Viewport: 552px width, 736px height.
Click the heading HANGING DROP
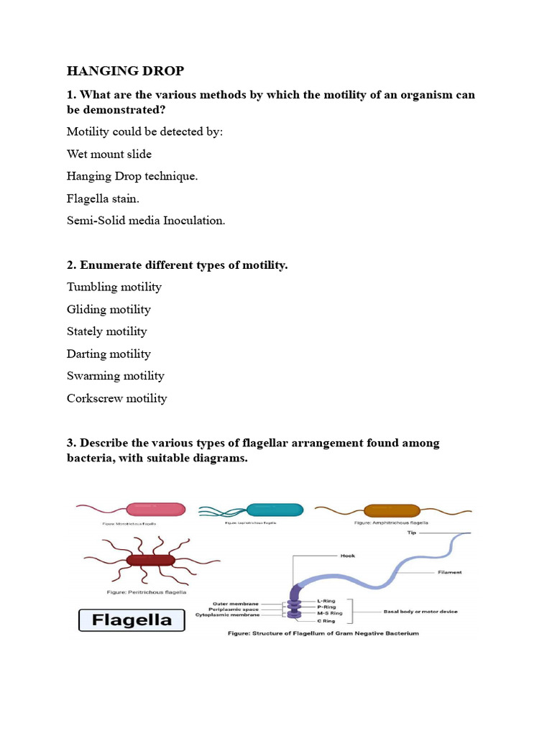[x=125, y=70]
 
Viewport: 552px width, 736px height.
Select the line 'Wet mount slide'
[x=109, y=154]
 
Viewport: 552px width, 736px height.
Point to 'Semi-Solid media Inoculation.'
[x=146, y=221]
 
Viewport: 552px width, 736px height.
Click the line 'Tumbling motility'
[x=114, y=287]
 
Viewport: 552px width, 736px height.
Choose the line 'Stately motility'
[x=106, y=331]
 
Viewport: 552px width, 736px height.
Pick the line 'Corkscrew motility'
[x=116, y=398]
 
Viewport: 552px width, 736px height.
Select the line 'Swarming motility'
[x=115, y=376]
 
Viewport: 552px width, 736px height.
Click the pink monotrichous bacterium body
[x=156, y=509]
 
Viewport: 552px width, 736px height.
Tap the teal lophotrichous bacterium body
[x=275, y=510]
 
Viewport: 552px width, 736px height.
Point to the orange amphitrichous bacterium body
[x=391, y=510]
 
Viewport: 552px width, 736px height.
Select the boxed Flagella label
[x=131, y=620]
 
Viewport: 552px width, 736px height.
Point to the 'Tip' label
[x=412, y=534]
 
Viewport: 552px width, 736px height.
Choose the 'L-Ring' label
[x=328, y=599]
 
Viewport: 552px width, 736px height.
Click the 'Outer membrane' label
[x=235, y=602]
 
